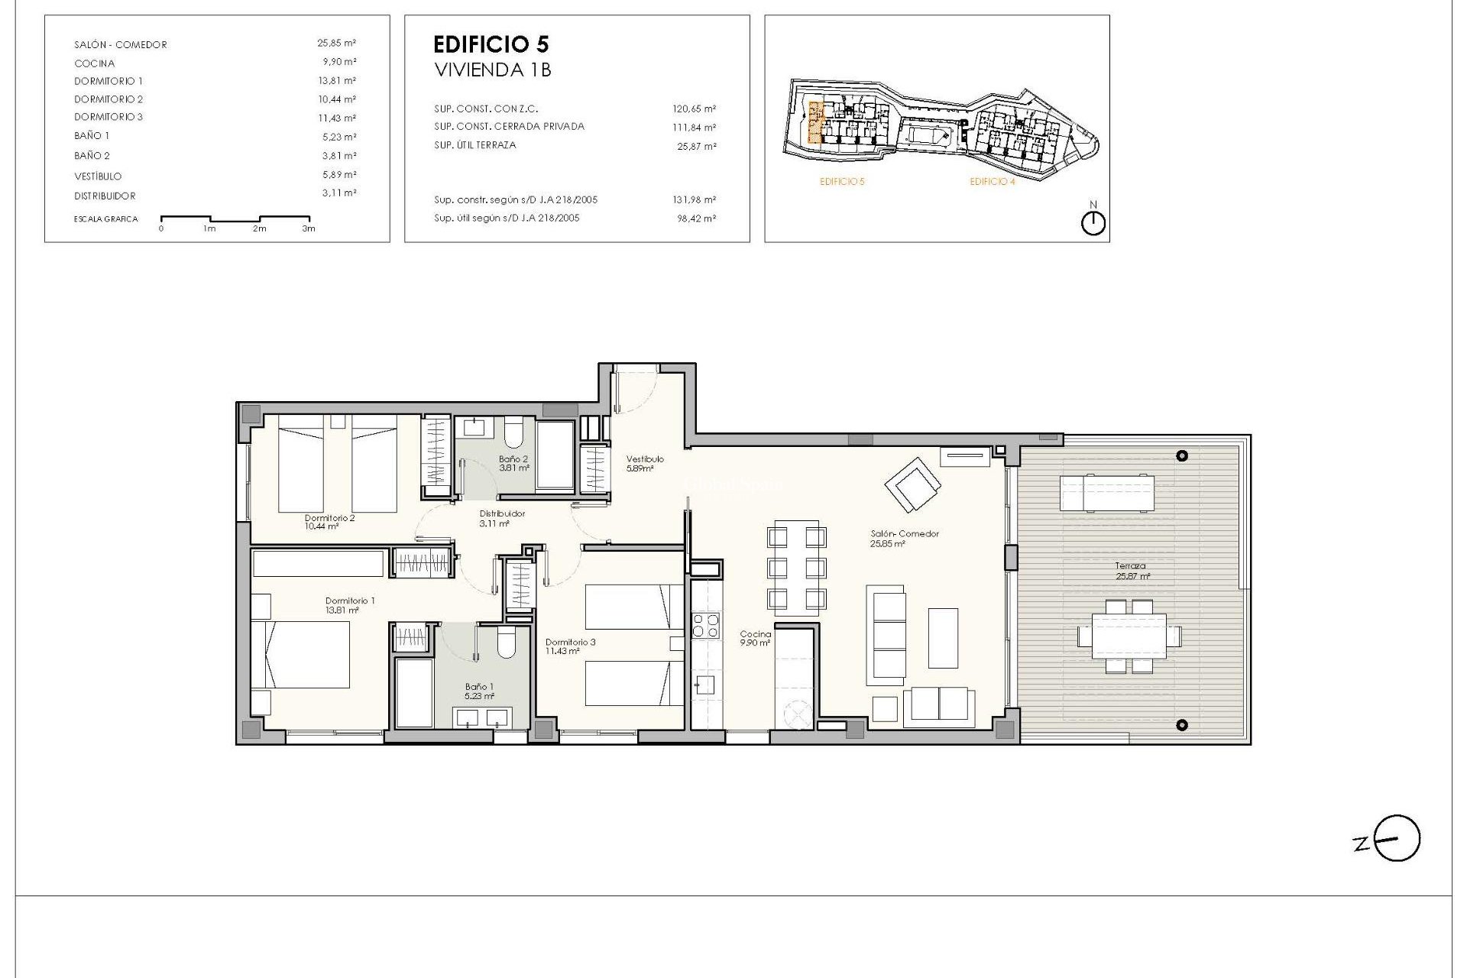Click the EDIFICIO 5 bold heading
(491, 44)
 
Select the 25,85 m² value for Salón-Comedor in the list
(336, 44)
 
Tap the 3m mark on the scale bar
(308, 228)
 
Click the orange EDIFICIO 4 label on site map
(992, 182)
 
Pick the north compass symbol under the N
(1093, 223)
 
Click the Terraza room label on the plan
(1130, 566)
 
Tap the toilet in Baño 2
(513, 432)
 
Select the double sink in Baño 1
(481, 717)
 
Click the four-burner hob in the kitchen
(705, 626)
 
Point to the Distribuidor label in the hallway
(502, 514)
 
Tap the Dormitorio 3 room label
(570, 643)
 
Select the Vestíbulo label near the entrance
(645, 459)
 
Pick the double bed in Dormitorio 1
(301, 654)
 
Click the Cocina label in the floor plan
(755, 634)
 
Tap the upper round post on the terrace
(1182, 456)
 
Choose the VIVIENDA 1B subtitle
(493, 70)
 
